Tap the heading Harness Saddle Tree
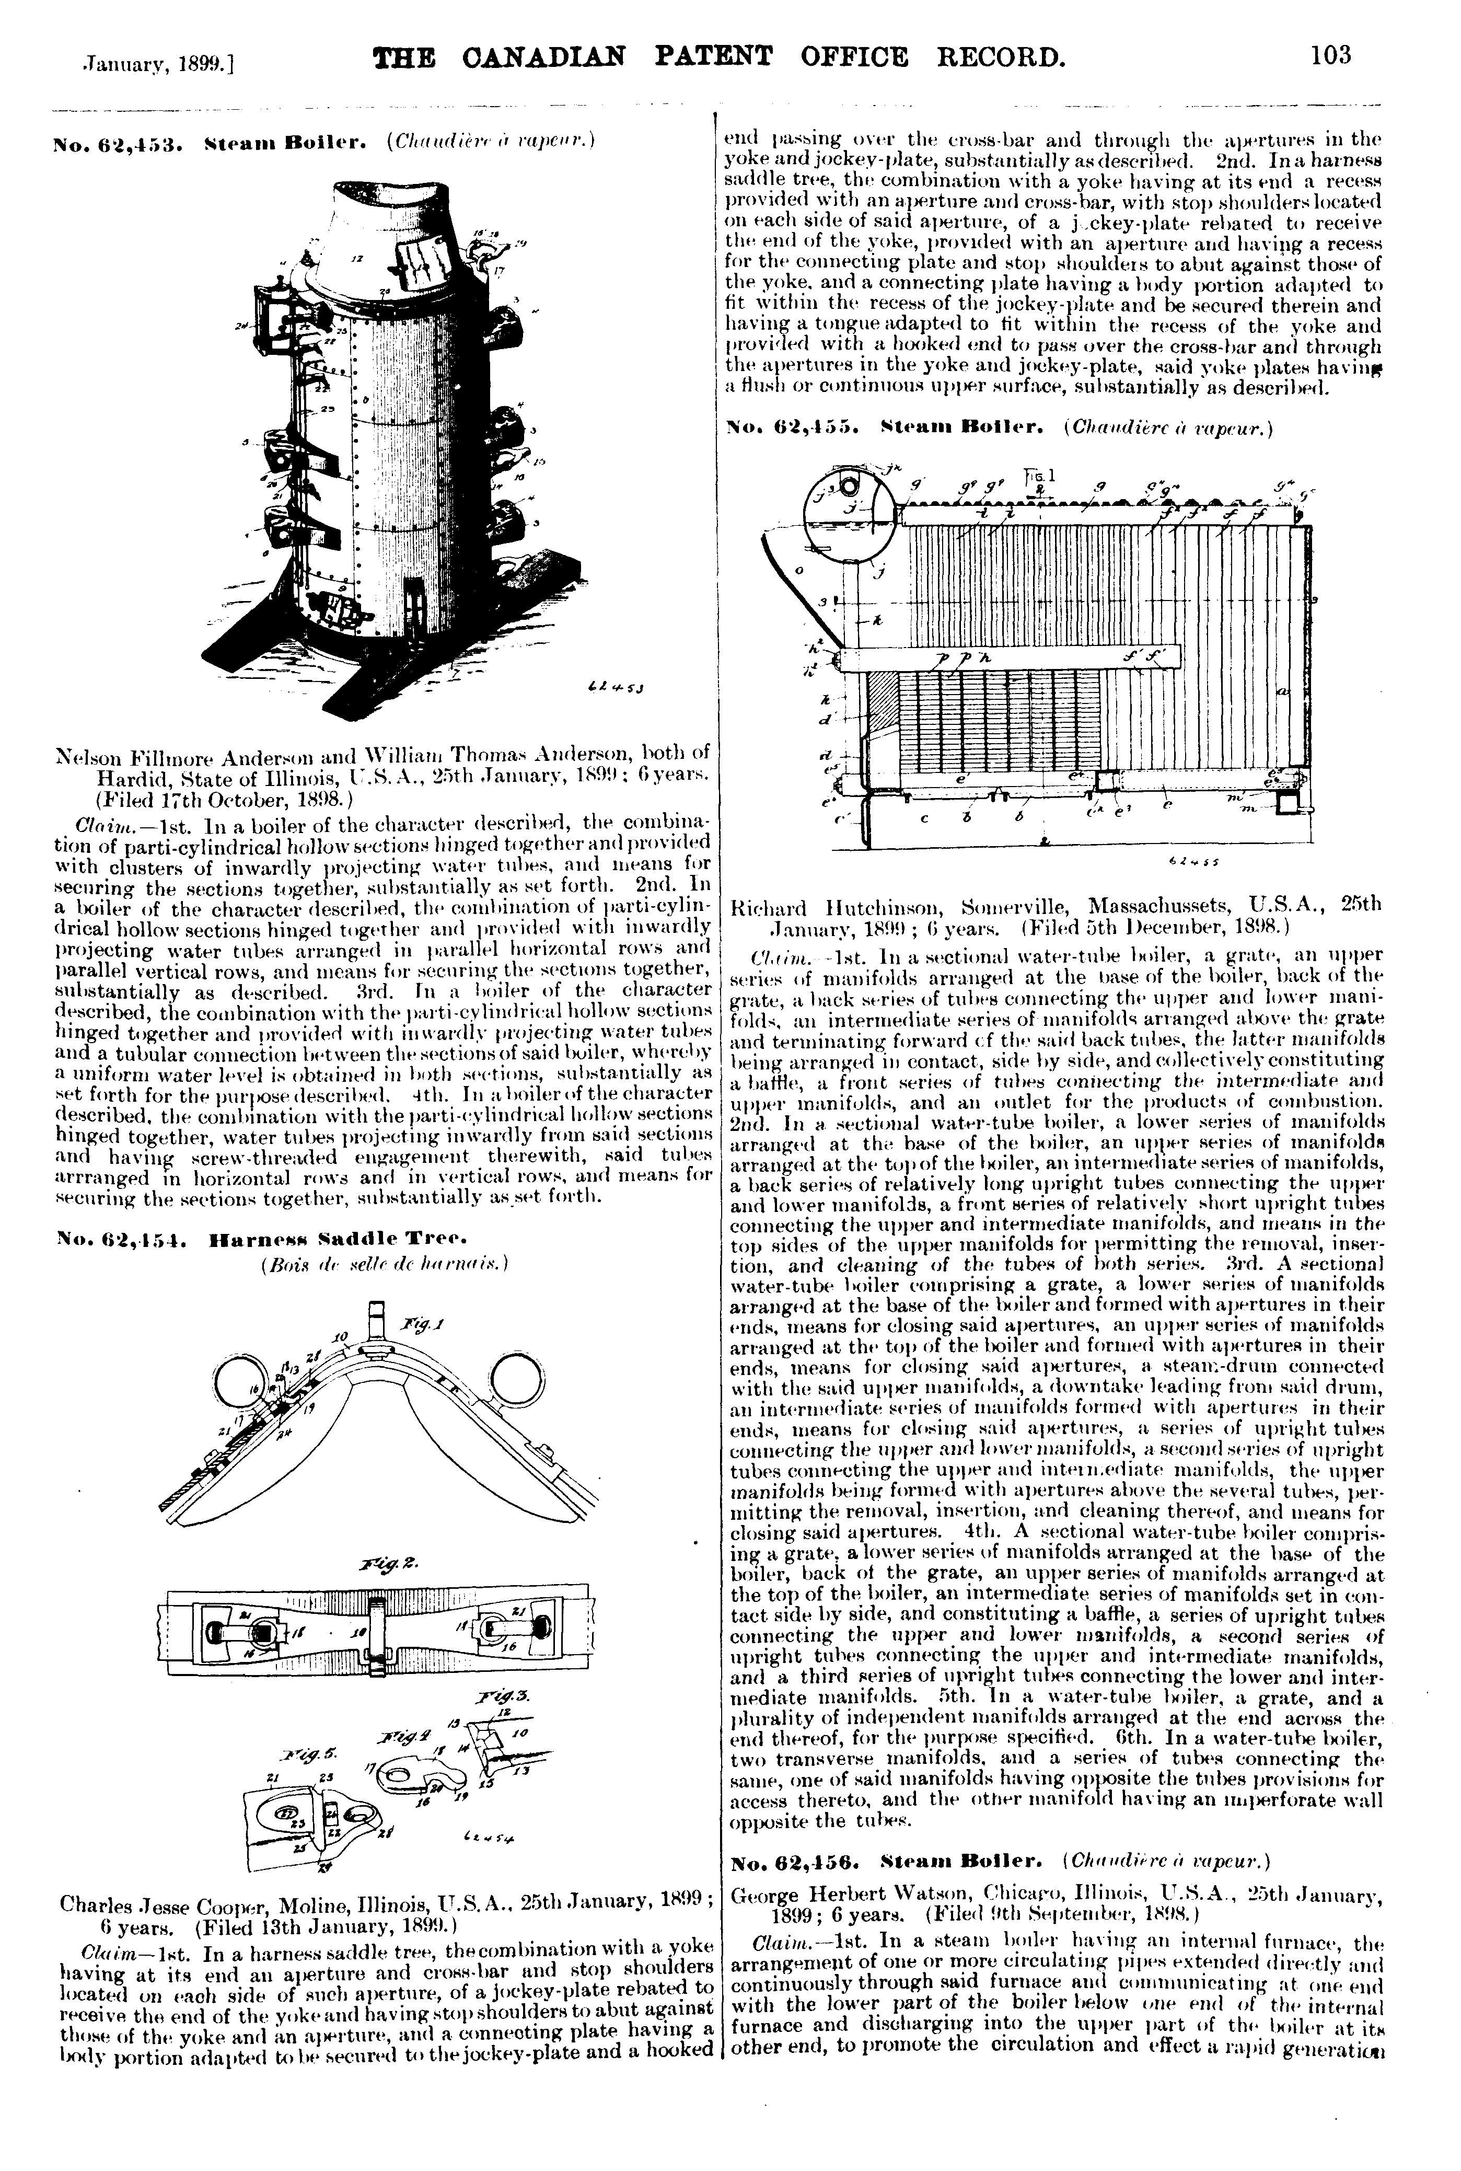tap(338, 1240)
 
